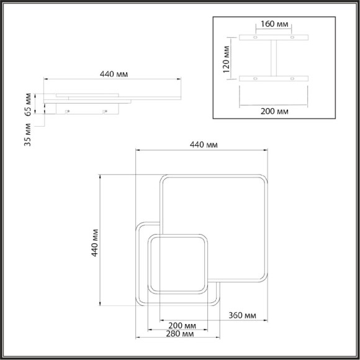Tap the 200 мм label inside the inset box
[x=273, y=112]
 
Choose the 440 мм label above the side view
[x=114, y=74]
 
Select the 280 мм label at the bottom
[x=182, y=335]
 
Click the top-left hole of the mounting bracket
[x=255, y=38]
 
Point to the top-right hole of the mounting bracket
[x=292, y=38]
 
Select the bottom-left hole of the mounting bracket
[x=255, y=79]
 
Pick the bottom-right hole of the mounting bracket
[x=292, y=79]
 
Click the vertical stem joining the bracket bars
[x=273, y=58]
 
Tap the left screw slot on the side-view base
[x=68, y=110]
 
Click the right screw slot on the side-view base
[x=106, y=110]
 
